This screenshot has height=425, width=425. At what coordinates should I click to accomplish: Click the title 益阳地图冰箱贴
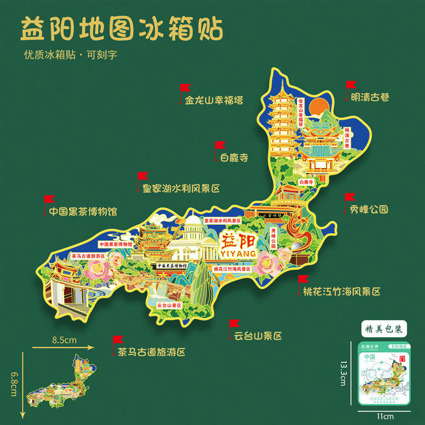pyautogui.click(x=121, y=30)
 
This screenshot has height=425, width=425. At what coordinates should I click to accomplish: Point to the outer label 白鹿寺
pyautogui.click(x=234, y=157)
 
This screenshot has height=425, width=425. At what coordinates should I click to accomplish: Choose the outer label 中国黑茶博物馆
pyautogui.click(x=83, y=211)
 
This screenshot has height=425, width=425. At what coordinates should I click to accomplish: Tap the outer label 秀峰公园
pyautogui.click(x=369, y=209)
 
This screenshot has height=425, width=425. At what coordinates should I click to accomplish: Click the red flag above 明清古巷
pyautogui.click(x=351, y=84)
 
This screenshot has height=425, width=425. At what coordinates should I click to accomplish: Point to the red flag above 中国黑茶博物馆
pyautogui.click(x=49, y=199)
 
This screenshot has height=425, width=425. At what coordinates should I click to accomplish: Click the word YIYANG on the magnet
pyautogui.click(x=237, y=254)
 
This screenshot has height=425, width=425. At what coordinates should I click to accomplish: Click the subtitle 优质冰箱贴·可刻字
pyautogui.click(x=70, y=55)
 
